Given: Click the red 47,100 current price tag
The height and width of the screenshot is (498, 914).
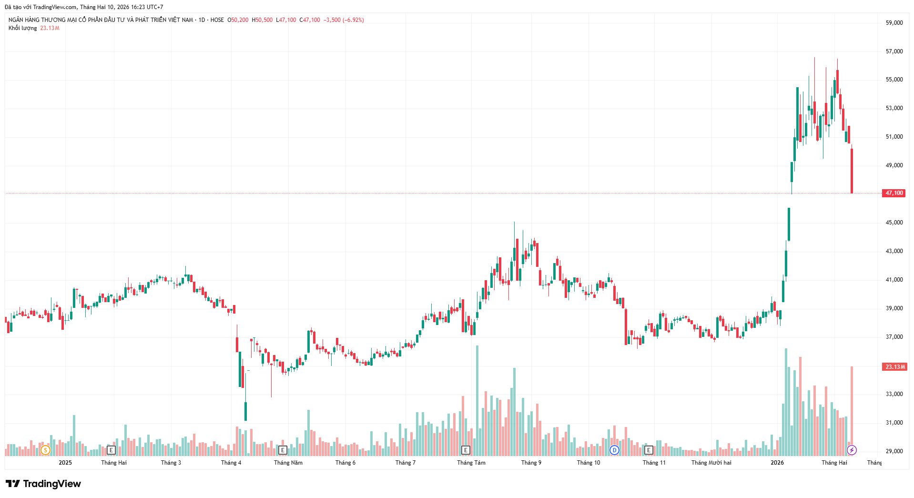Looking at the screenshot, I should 894,193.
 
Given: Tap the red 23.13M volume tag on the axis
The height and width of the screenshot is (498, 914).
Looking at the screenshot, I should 894,367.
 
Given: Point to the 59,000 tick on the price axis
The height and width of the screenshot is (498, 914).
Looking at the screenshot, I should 894,23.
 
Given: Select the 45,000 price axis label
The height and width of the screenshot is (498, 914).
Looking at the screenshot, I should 894,223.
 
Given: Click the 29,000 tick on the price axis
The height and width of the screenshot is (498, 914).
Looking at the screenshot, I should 894,451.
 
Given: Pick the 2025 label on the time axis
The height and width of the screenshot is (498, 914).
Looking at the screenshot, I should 65,463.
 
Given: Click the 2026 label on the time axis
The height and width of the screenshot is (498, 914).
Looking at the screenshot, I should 777,463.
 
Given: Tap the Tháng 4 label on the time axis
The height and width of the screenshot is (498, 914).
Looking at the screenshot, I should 231,463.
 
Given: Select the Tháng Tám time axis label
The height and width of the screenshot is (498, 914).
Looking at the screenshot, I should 471,463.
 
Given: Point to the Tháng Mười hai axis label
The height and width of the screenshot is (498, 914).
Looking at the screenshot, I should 711,463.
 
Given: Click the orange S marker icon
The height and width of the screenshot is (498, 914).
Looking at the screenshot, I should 45,450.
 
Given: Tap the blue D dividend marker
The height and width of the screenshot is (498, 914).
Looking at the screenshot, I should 614,450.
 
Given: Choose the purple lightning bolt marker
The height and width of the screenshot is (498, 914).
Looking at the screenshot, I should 852,450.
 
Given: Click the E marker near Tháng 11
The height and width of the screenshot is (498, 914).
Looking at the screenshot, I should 649,450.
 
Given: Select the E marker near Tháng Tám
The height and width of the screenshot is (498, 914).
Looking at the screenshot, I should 466,450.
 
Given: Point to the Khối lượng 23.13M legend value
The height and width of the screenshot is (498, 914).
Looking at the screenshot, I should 50,28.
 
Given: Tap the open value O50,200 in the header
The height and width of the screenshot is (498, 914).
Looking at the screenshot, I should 238,20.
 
